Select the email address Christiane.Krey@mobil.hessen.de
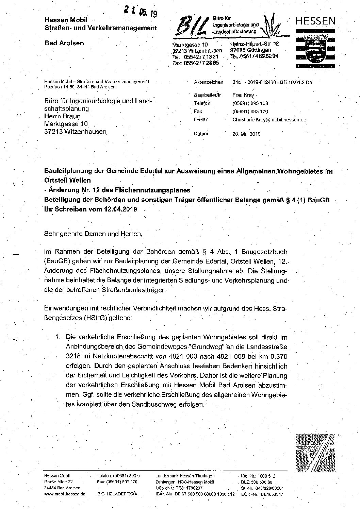point(269,120)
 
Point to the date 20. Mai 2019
point(247,134)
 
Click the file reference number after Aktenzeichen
point(272,82)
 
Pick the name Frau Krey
point(243,95)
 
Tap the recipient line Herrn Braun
point(62,117)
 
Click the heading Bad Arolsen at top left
point(64,43)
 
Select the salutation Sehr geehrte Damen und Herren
point(92,234)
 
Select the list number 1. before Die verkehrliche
point(58,337)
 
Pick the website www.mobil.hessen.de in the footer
point(65,493)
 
